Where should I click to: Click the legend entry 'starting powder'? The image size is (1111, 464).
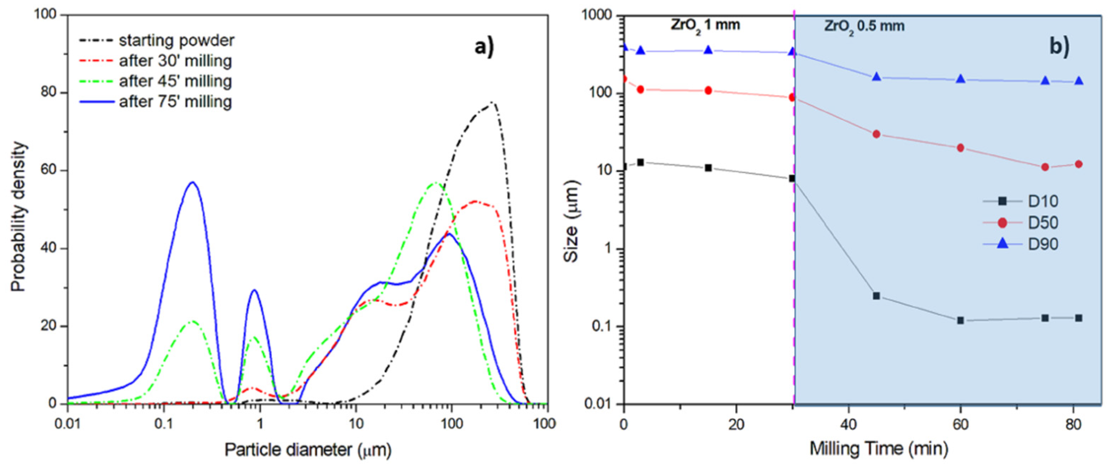click(x=176, y=40)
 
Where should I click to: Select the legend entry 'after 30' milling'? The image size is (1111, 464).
click(x=175, y=61)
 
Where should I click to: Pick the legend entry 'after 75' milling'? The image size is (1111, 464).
click(x=175, y=102)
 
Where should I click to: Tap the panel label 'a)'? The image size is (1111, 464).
click(x=484, y=47)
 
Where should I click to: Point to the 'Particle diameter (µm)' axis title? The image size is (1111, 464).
click(x=308, y=450)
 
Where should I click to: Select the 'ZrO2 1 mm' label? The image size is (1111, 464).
click(x=705, y=25)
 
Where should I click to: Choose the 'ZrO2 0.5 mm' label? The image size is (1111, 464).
click(x=864, y=26)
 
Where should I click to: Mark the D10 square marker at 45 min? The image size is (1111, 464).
click(x=876, y=296)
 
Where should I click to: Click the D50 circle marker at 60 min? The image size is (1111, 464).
click(x=960, y=147)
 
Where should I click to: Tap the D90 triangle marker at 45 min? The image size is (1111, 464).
click(x=876, y=77)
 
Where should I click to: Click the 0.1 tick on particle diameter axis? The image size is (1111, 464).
click(x=163, y=424)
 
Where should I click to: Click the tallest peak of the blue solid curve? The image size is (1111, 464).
click(x=193, y=182)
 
